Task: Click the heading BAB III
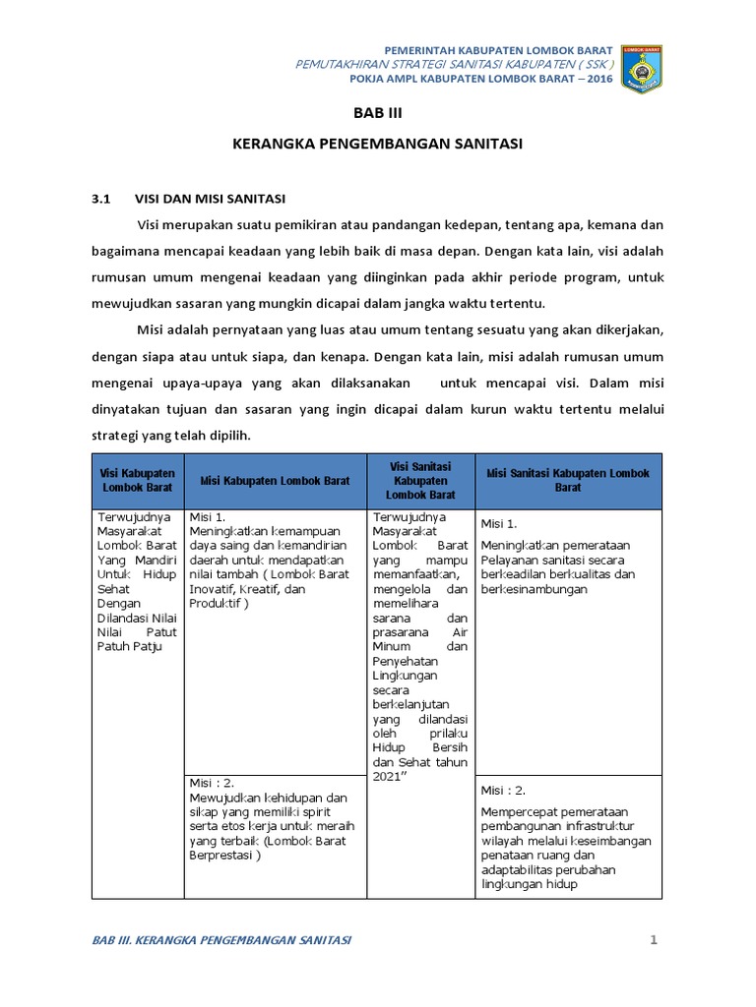click(378, 113)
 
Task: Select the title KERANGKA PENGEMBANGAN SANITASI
click(378, 144)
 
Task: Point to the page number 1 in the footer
click(653, 940)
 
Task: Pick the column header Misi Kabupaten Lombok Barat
click(275, 481)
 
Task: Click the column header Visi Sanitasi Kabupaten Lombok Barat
click(420, 481)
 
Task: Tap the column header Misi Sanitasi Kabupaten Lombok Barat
click(568, 480)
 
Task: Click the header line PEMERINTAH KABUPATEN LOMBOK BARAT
click(497, 49)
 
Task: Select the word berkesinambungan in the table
click(534, 589)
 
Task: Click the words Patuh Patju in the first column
click(128, 646)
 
